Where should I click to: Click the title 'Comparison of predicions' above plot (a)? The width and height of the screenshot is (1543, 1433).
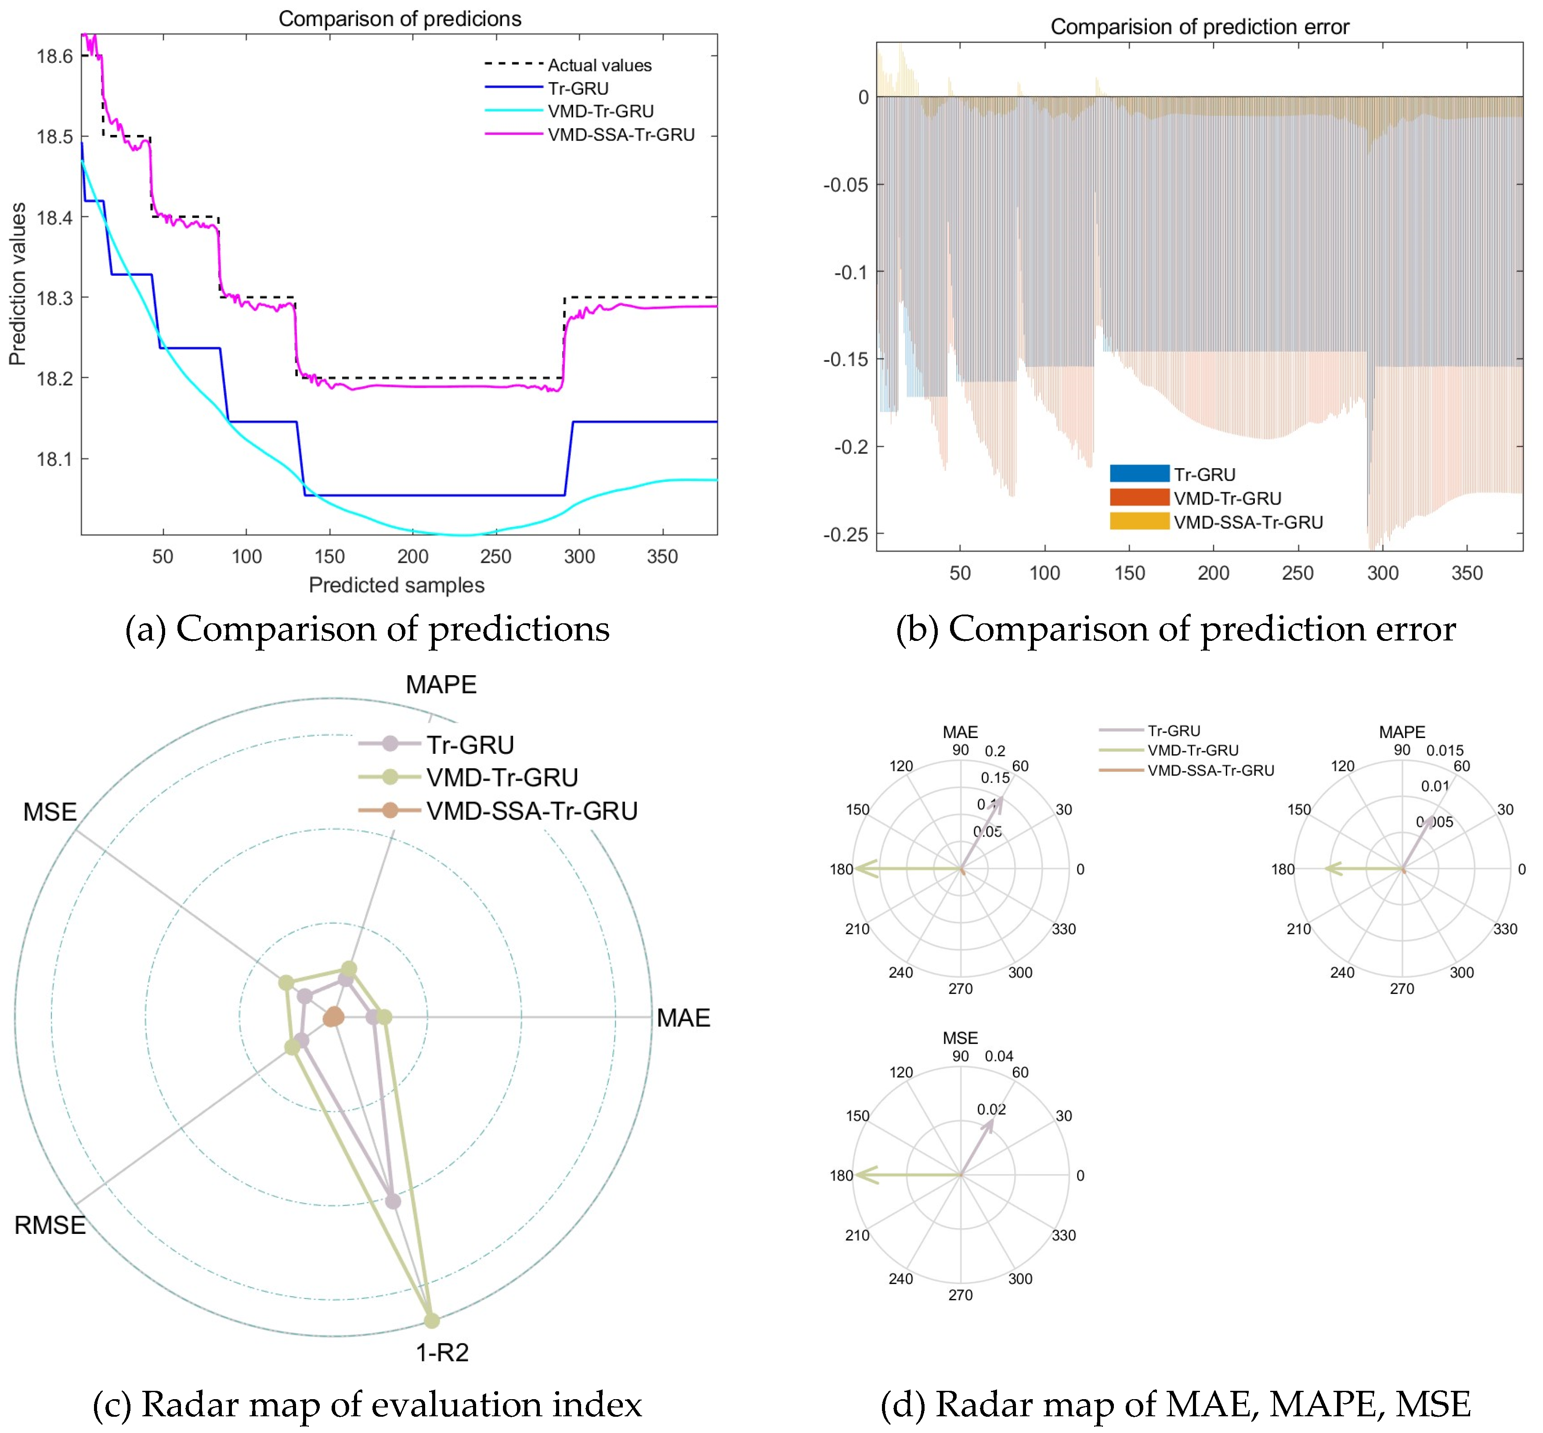(x=399, y=18)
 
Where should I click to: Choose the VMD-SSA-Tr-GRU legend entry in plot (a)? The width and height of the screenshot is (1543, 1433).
(x=621, y=135)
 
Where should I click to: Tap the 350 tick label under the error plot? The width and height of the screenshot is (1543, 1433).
(x=1466, y=573)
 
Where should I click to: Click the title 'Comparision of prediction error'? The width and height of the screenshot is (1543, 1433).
(x=1199, y=27)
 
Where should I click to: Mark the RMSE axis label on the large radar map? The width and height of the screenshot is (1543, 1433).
(x=50, y=1225)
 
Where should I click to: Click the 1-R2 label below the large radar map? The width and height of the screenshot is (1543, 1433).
(x=442, y=1353)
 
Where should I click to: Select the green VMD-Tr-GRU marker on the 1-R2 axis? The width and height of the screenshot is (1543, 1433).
(x=432, y=1320)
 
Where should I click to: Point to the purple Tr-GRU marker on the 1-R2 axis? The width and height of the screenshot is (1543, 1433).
(x=393, y=1201)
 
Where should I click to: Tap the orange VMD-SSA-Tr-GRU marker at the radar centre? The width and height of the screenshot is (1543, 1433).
(x=333, y=1017)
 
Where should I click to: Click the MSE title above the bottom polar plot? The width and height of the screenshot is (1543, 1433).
(x=960, y=1037)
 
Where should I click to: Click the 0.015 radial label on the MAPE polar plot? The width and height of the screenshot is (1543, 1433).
(x=1445, y=750)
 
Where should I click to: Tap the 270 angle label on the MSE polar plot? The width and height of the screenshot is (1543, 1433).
(x=960, y=1295)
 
